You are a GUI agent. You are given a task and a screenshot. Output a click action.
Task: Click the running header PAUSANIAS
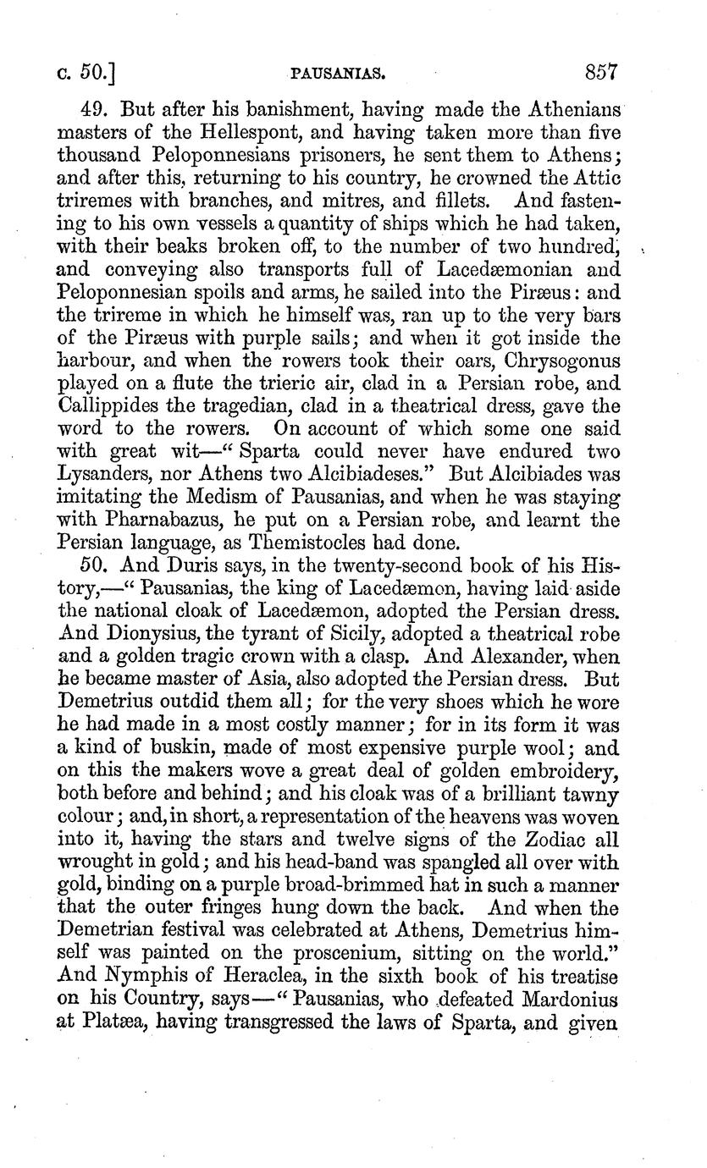pyautogui.click(x=338, y=74)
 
